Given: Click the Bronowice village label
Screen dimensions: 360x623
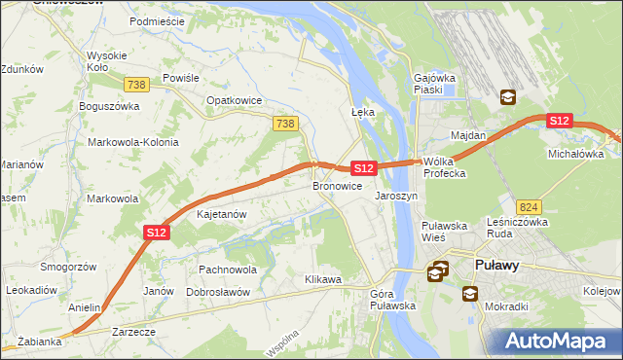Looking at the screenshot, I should point(338,186).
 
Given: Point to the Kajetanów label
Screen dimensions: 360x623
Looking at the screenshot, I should point(221,214).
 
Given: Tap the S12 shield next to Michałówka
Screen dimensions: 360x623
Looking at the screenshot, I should point(559,121).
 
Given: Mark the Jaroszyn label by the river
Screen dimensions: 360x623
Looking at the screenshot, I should point(396,196).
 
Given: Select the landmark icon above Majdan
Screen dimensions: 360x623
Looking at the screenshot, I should point(508,97).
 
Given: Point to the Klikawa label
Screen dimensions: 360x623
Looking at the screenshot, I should point(323,280).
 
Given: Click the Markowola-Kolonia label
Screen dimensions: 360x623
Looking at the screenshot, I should point(133,142).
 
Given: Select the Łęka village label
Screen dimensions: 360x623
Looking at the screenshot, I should point(362,113).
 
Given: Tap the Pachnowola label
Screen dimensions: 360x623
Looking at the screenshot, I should point(227,270).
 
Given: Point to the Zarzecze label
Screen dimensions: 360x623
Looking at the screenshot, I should point(133,332).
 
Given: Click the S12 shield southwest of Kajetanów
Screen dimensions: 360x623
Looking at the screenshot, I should point(158,233).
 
